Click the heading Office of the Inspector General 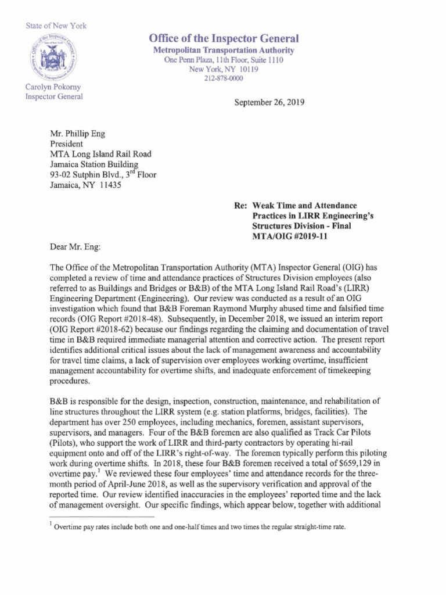click(x=224, y=39)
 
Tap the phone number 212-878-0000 click(x=224, y=78)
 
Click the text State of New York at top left click(x=56, y=26)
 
